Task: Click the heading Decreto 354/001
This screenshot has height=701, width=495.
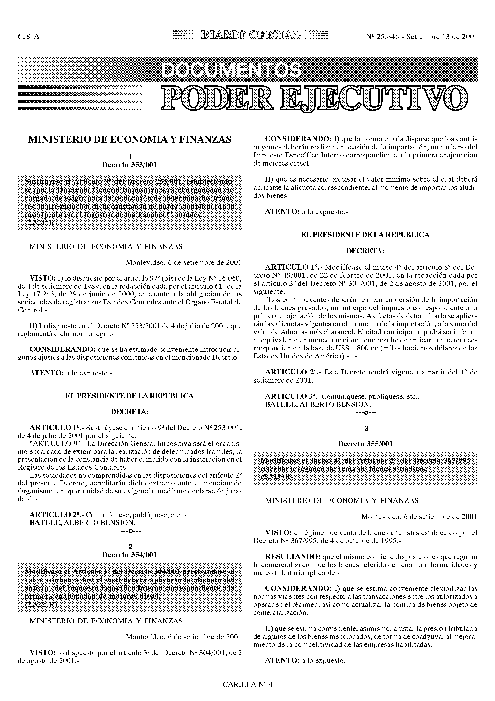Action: click(130, 555)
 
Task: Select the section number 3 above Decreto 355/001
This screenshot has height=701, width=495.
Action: click(366, 429)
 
